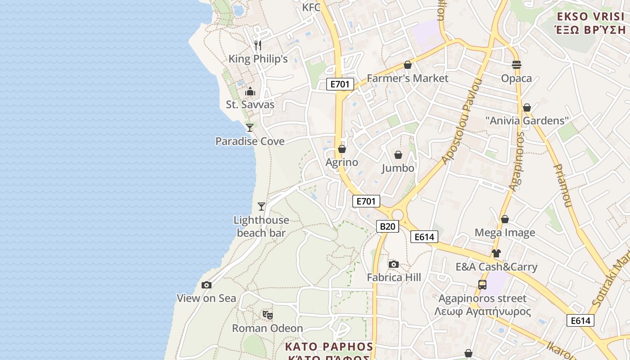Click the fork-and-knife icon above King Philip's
point(258,45)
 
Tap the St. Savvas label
point(250,104)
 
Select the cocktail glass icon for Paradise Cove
point(250,128)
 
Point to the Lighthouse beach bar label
point(261,226)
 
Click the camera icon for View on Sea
point(207,285)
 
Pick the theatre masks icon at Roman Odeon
point(268,315)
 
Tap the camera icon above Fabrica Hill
point(394,264)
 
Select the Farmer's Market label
point(408,78)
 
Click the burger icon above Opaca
point(517,65)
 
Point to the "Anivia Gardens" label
point(527,121)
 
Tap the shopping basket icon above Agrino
point(342,149)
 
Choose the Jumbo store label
point(398,168)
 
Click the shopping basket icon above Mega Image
point(505,219)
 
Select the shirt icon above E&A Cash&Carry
point(496,253)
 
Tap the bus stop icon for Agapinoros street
point(482,285)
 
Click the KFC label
point(311,7)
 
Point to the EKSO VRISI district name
point(591,17)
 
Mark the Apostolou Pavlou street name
point(463,121)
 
